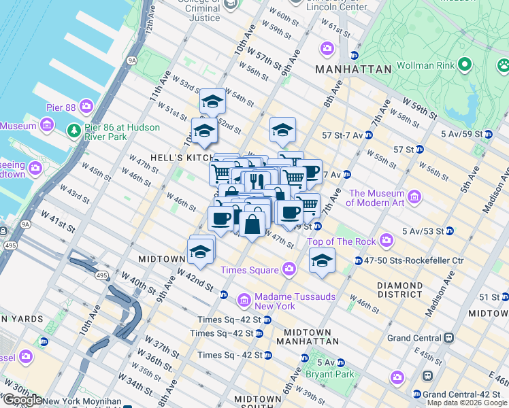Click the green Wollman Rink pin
click(x=465, y=65)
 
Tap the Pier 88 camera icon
click(x=86, y=106)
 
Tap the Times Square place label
click(x=249, y=270)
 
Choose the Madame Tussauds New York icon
click(x=244, y=300)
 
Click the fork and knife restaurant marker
click(x=257, y=182)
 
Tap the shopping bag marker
click(x=252, y=224)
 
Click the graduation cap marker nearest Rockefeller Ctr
click(x=322, y=260)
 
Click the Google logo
click(x=22, y=400)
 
